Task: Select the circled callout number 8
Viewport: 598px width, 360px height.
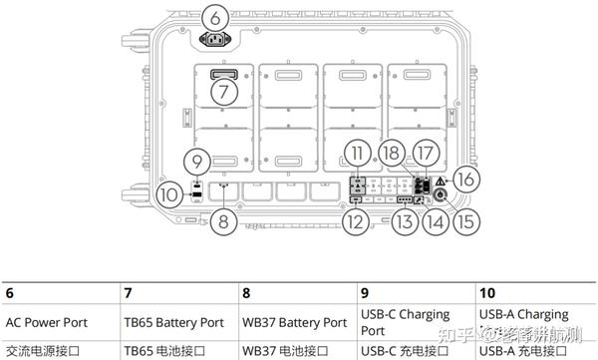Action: tap(224, 221)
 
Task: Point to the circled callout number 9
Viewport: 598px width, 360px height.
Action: tap(198, 161)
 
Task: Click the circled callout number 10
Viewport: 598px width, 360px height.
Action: tap(169, 193)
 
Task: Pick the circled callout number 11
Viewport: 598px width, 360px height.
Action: tap(359, 153)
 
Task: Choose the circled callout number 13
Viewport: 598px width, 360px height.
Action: tap(403, 223)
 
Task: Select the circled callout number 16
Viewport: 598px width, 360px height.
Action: tap(465, 178)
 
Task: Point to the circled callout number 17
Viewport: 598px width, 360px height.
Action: tap(428, 153)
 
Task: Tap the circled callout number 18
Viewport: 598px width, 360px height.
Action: tap(394, 153)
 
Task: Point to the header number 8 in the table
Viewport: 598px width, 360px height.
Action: tap(246, 293)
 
